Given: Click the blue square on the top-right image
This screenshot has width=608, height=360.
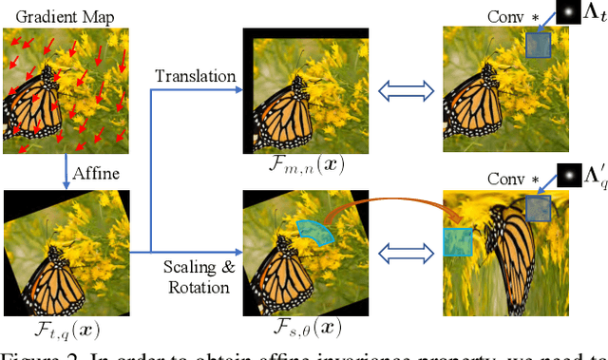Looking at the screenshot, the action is pyautogui.click(x=539, y=46).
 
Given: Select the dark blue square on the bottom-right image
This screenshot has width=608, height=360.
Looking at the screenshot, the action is pyautogui.click(x=538, y=210).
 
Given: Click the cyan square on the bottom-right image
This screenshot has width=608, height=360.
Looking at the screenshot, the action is pyautogui.click(x=458, y=240).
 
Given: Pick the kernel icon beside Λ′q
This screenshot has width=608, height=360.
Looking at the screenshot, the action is pyautogui.click(x=568, y=176).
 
